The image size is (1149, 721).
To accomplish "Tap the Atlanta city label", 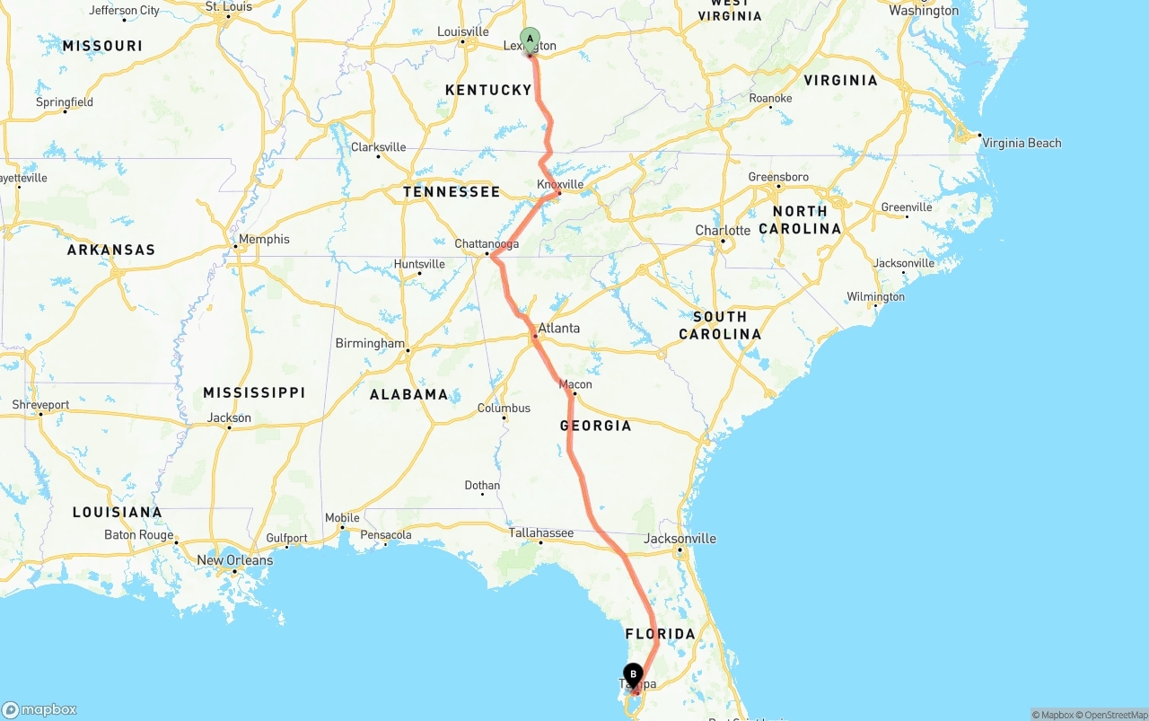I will tap(559, 329).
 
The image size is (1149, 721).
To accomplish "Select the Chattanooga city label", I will tap(487, 244).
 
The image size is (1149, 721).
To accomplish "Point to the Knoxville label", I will tap(560, 184).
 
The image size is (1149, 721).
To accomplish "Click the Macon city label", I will tap(575, 384).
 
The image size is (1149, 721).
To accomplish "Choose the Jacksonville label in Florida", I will tap(680, 539).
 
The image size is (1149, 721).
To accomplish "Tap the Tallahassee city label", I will tap(541, 532).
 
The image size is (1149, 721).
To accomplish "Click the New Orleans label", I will tap(234, 560).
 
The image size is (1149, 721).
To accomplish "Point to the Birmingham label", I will tap(370, 343).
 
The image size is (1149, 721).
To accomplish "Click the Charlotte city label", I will tap(723, 231).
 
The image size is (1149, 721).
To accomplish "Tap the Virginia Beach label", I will tap(1022, 143).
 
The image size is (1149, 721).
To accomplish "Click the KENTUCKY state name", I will tap(488, 90).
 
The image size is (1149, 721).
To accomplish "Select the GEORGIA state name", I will tap(595, 426).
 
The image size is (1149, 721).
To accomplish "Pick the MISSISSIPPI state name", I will tap(254, 392).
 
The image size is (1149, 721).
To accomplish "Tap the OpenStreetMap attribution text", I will tap(1114, 715).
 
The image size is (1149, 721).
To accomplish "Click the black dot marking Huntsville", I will tap(419, 274).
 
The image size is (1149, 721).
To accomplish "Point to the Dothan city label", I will tap(482, 486).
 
